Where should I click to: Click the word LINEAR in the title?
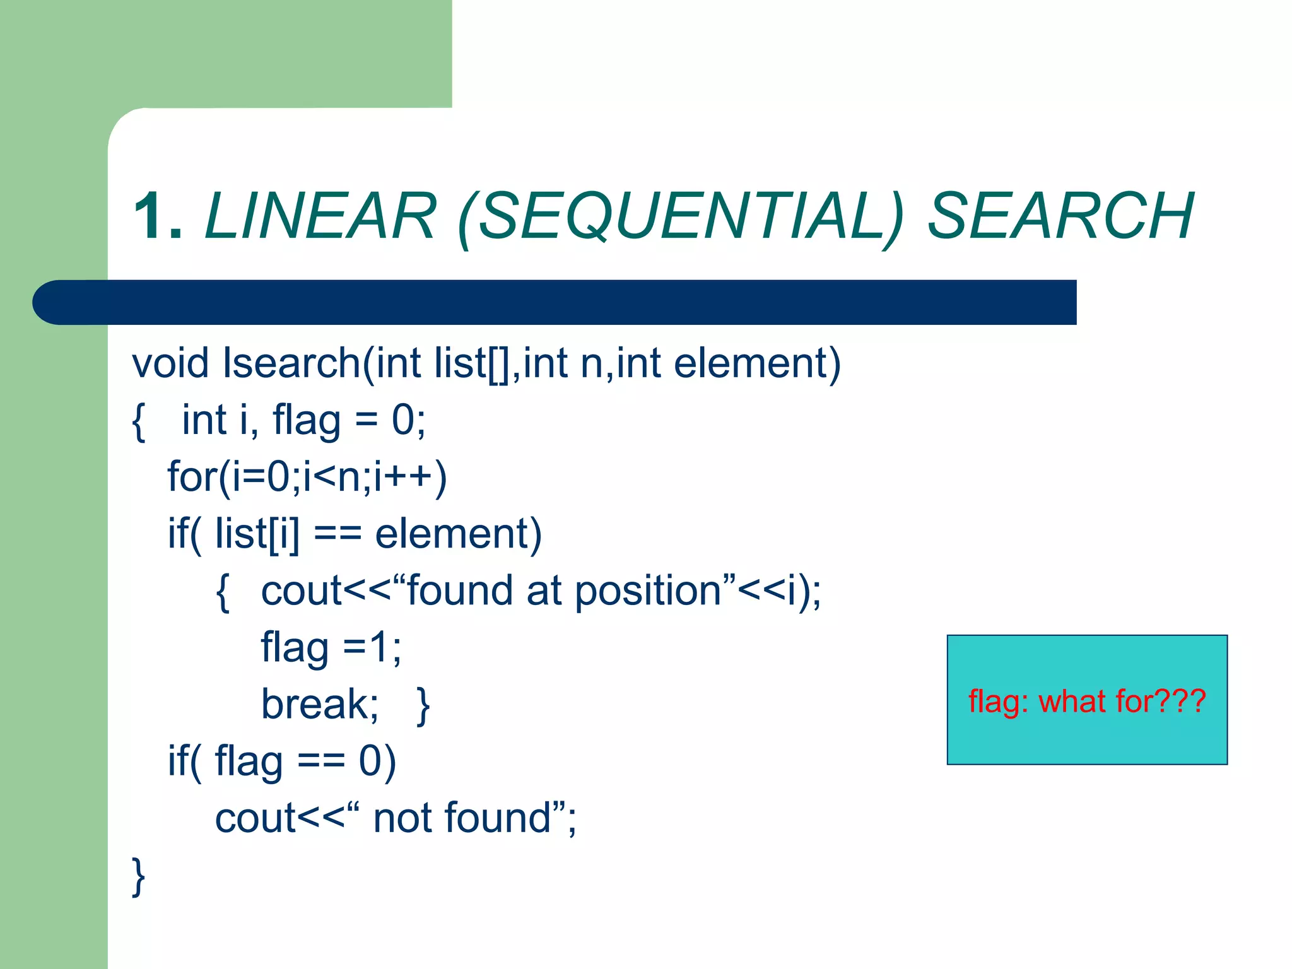(x=320, y=216)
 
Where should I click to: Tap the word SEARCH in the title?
(x=1060, y=216)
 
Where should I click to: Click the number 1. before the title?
(x=158, y=216)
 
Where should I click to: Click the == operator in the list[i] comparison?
(x=338, y=534)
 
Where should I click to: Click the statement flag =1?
(x=331, y=648)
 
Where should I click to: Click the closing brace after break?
(x=423, y=706)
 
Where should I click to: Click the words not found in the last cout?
(x=462, y=818)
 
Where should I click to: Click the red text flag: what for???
(x=1086, y=701)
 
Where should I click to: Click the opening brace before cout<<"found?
(x=222, y=592)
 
